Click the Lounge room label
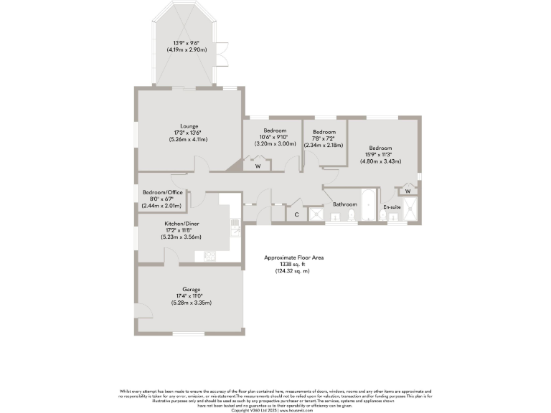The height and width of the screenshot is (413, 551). pos(189,126)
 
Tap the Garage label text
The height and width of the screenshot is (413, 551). pos(191,290)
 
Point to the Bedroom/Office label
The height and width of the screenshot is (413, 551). pos(162,192)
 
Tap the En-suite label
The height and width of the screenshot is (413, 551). pos(391,207)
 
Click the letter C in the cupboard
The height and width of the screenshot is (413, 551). pos(296,214)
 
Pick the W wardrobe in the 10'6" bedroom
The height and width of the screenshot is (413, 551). pos(258,166)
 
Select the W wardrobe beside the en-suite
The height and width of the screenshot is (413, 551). pos(408,191)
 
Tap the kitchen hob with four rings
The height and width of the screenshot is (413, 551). pos(210,255)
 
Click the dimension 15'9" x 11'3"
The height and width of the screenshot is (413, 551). pos(380,154)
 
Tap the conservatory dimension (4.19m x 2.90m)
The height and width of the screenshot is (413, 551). pos(187,50)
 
